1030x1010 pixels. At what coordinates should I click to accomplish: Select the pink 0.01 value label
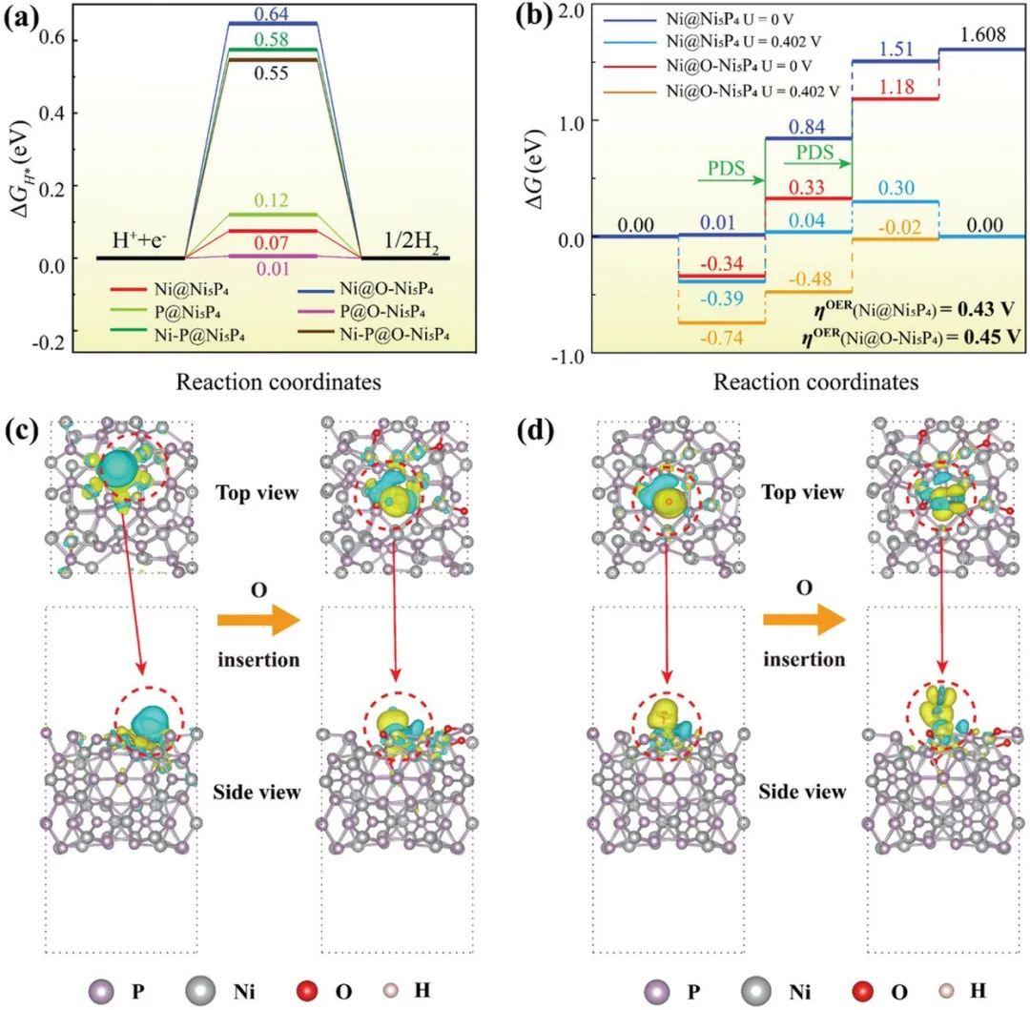click(x=272, y=269)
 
